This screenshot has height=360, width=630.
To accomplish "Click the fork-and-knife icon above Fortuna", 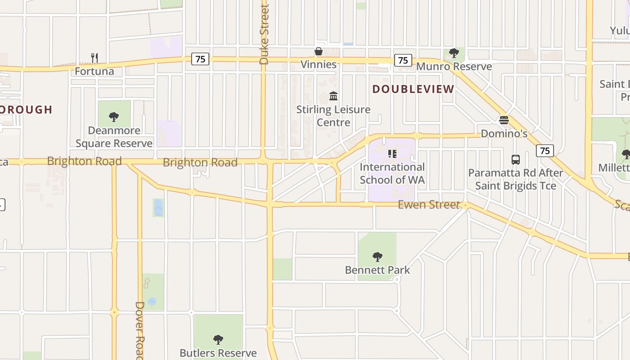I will pyautogui.click(x=94, y=58).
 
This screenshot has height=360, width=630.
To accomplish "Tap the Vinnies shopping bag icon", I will pyautogui.click(x=319, y=51).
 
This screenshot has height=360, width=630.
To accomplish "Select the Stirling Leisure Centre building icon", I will pyautogui.click(x=333, y=96).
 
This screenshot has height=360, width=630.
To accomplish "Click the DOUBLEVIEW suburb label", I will pyautogui.click(x=413, y=89).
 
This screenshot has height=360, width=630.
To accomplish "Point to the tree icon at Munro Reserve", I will pyautogui.click(x=454, y=54).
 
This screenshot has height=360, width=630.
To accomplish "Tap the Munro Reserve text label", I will pyautogui.click(x=454, y=67).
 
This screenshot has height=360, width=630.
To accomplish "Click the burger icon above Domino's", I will pyautogui.click(x=504, y=120).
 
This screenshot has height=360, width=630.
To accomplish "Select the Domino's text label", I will pyautogui.click(x=504, y=134).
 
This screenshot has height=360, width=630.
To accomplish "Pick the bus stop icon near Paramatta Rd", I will pyautogui.click(x=516, y=159).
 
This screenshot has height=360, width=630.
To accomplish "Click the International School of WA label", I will pyautogui.click(x=392, y=174).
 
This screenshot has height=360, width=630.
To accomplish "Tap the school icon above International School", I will pyautogui.click(x=392, y=154).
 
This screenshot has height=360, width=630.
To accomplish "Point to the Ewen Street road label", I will pyautogui.click(x=429, y=205).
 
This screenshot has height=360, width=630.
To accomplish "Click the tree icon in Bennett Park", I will pyautogui.click(x=378, y=257).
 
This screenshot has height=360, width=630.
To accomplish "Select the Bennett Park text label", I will pyautogui.click(x=378, y=270).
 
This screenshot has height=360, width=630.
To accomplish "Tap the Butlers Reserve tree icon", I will pyautogui.click(x=218, y=339).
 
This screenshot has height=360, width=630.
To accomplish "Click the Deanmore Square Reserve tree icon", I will pyautogui.click(x=114, y=117).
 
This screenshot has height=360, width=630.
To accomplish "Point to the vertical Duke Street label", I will pyautogui.click(x=264, y=34).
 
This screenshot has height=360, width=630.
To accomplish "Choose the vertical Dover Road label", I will pyautogui.click(x=139, y=331).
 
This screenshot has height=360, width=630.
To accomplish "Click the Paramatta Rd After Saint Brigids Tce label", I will pyautogui.click(x=516, y=179).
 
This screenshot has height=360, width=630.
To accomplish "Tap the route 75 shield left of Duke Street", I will pyautogui.click(x=200, y=59).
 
